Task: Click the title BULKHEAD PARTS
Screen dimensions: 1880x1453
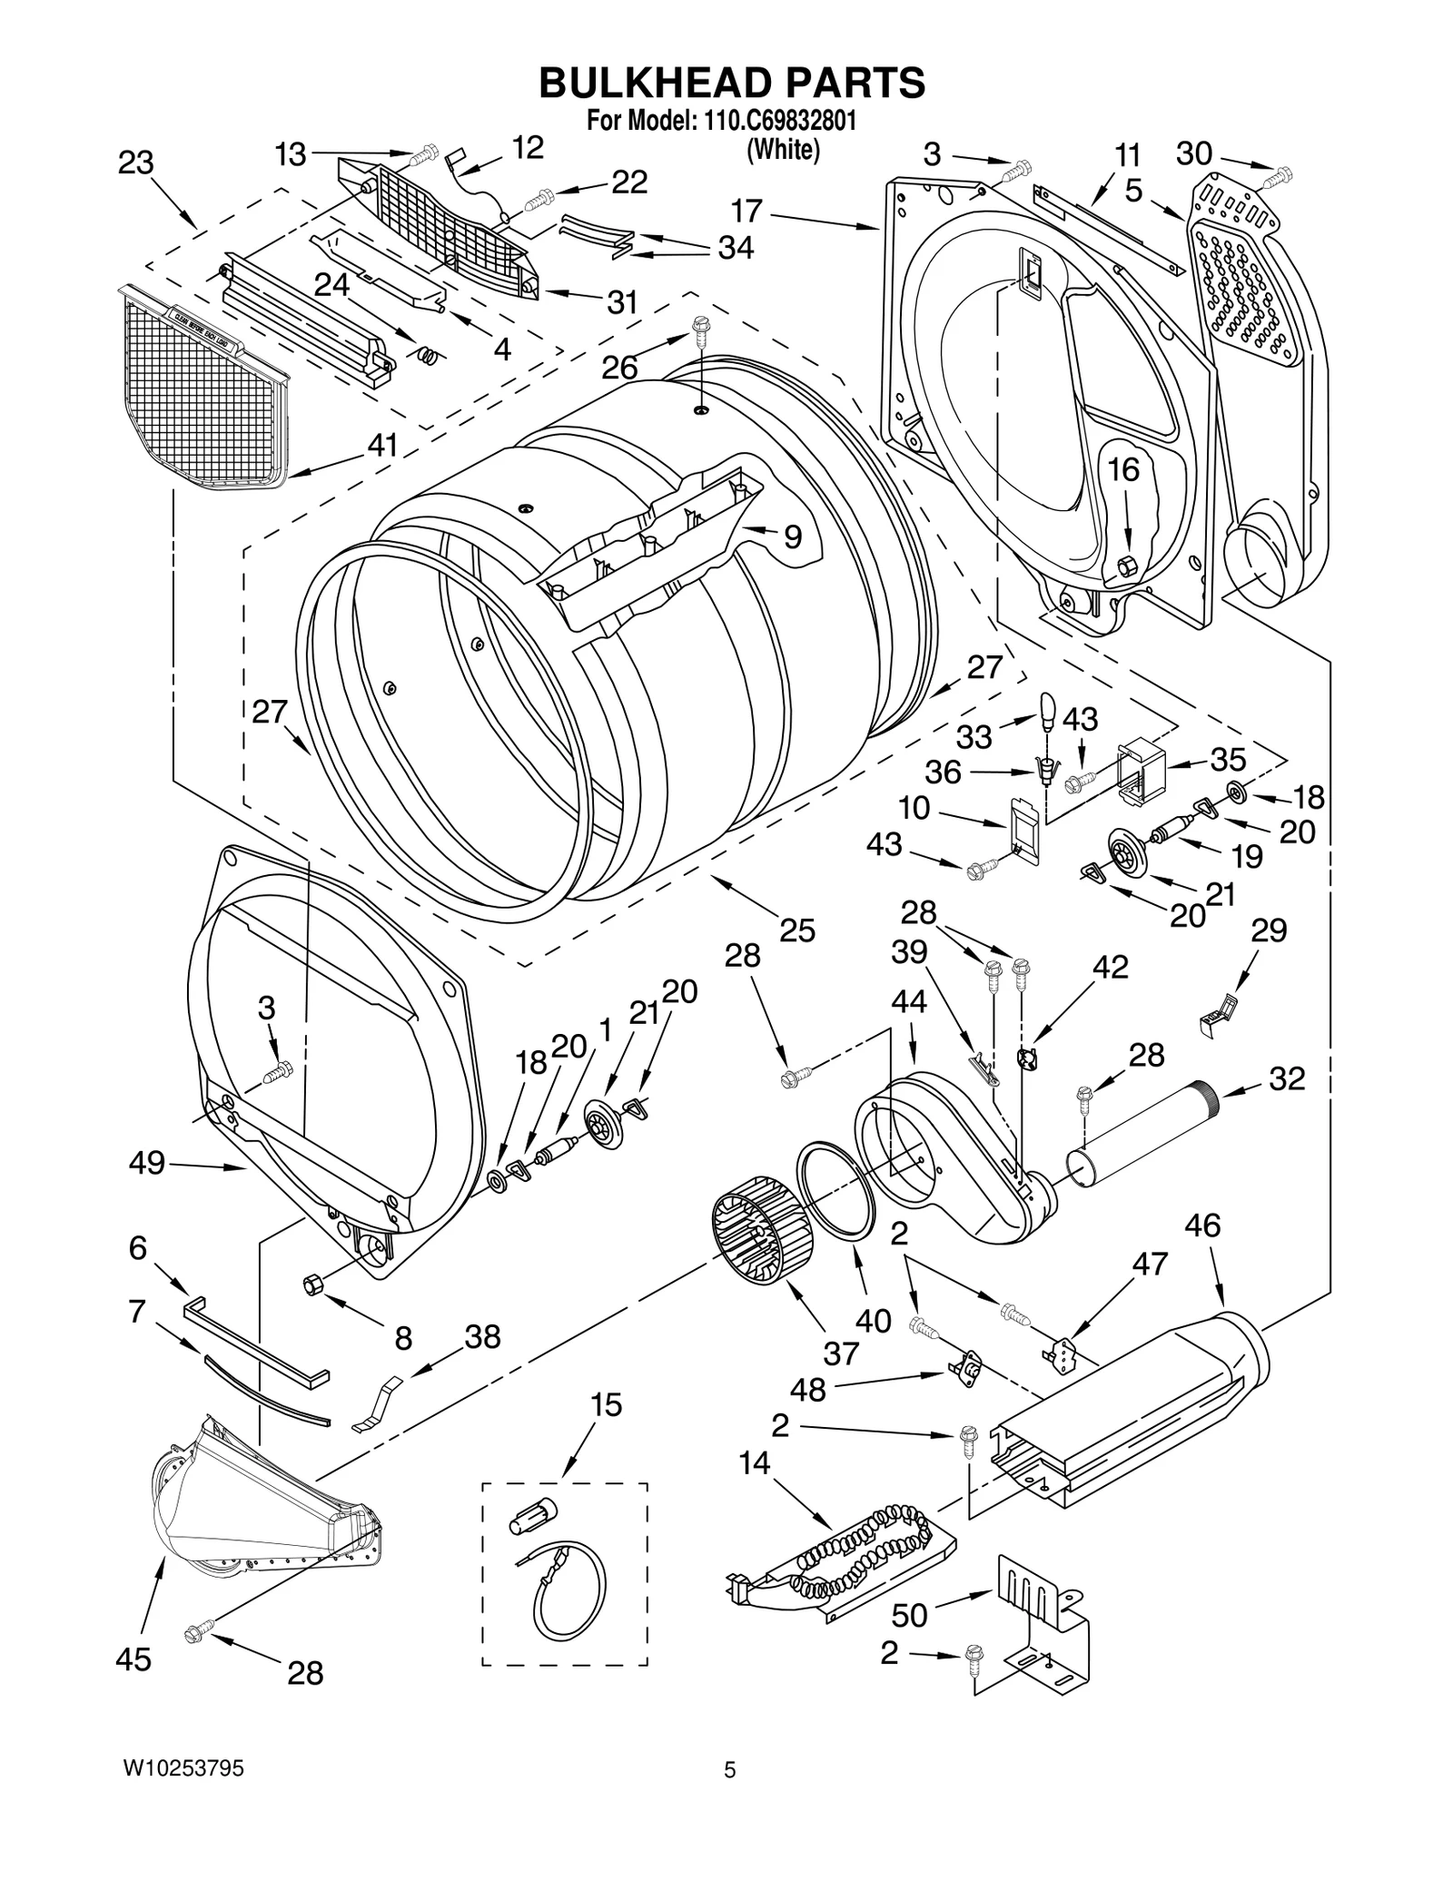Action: (x=732, y=84)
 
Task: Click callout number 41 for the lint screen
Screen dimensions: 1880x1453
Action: (x=383, y=446)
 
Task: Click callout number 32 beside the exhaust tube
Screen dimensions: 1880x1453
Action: (x=1287, y=1078)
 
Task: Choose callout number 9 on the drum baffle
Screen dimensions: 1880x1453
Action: (x=793, y=536)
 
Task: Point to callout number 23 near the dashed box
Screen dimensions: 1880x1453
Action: (x=136, y=163)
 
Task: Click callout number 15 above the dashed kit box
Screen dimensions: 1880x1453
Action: (x=606, y=1404)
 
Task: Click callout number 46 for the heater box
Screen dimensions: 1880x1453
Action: (x=1202, y=1226)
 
